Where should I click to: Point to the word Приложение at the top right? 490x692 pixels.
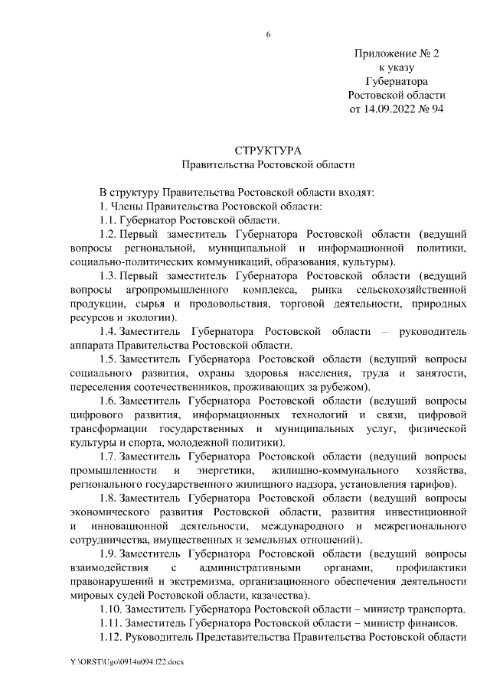pyautogui.click(x=382, y=54)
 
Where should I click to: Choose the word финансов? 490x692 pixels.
pyautogui.click(x=433, y=623)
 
